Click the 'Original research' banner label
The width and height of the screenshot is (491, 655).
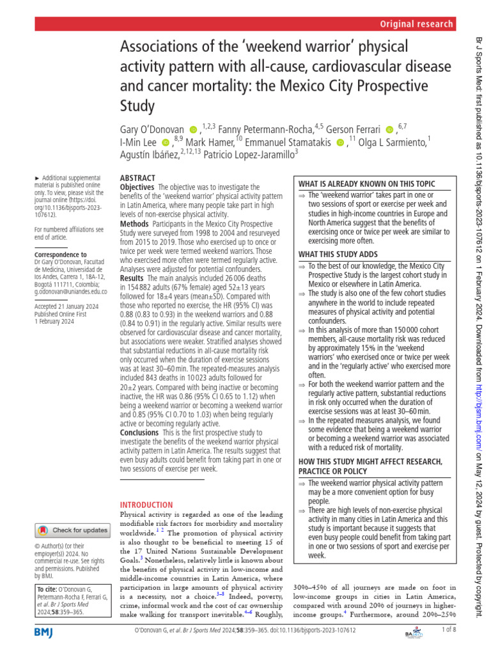click(416, 24)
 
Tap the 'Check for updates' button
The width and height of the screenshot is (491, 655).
click(72, 530)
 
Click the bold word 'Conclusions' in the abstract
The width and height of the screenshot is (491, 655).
click(139, 433)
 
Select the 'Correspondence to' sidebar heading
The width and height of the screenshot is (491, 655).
click(59, 254)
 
